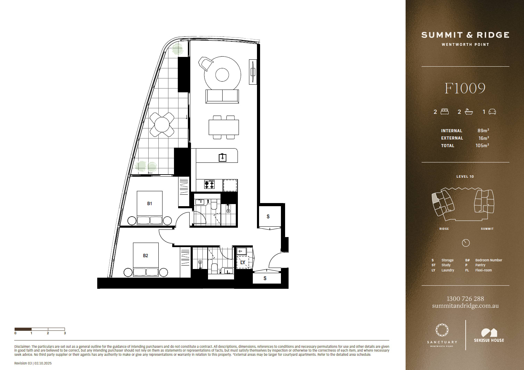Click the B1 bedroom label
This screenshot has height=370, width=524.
coord(149,203)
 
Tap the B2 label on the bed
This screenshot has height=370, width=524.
coord(145,255)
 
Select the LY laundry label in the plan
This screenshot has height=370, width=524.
coord(243,262)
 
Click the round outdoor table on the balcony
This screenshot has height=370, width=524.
coord(161,125)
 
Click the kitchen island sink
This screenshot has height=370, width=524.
coord(223,158)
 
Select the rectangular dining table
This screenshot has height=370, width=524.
coord(224,127)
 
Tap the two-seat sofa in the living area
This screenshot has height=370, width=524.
coord(222,96)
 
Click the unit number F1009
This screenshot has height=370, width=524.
coord(465,89)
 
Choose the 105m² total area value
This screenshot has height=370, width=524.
coord(482,145)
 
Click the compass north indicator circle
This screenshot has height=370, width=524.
coord(466,243)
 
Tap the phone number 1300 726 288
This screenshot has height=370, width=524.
coord(465,298)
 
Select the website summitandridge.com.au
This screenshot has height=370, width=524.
coord(465,306)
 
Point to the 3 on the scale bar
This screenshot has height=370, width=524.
coord(65,333)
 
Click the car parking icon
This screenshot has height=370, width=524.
coord(492,112)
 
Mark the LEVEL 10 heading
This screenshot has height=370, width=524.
coord(465,177)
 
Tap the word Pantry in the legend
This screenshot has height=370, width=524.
coord(480,265)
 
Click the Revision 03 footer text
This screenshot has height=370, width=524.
coord(23,363)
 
